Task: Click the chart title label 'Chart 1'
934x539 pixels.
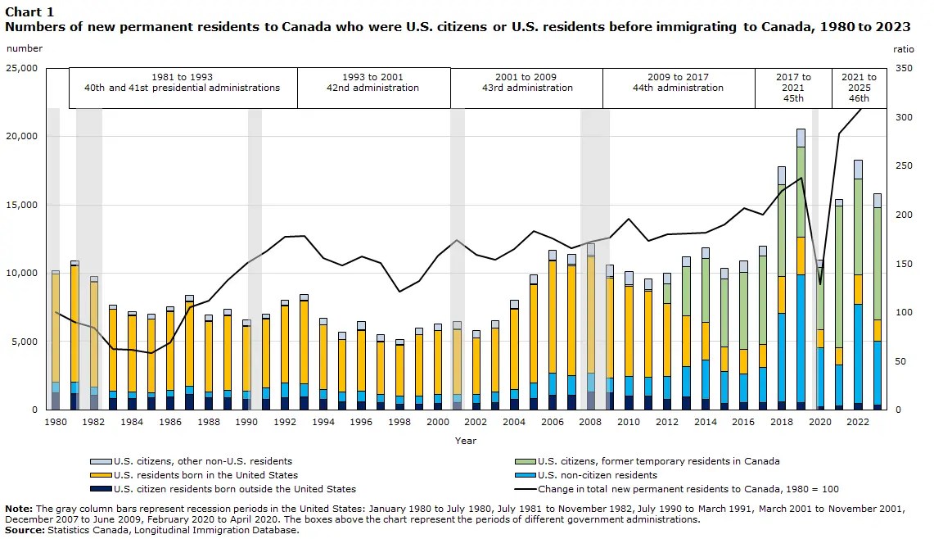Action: (x=29, y=11)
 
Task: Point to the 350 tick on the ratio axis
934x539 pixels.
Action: (x=904, y=68)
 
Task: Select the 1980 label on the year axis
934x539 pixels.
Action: (x=56, y=422)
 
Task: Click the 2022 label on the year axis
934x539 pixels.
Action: (x=857, y=422)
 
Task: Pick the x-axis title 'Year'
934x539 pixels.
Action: (x=466, y=441)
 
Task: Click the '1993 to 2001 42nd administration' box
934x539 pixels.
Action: (x=373, y=88)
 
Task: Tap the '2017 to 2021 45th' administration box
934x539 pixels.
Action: (x=793, y=88)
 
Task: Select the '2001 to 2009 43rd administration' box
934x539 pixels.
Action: (x=526, y=88)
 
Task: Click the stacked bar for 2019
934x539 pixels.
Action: (x=801, y=270)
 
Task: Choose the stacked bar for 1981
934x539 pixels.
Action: (x=74, y=336)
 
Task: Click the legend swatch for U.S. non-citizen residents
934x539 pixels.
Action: (x=526, y=475)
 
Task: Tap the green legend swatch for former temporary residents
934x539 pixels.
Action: (x=526, y=461)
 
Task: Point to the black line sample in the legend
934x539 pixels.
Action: (x=526, y=489)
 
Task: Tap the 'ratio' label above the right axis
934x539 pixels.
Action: (x=903, y=49)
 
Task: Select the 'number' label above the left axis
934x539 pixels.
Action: (x=24, y=48)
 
